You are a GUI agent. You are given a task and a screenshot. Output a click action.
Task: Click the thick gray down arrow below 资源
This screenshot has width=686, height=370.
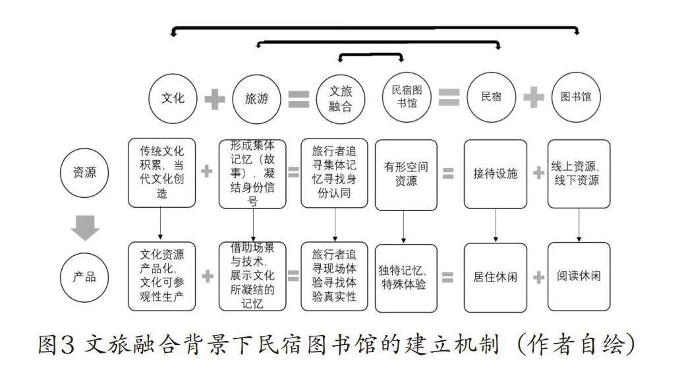[85, 228]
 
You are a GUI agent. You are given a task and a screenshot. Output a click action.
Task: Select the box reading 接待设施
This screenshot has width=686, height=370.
[496, 174]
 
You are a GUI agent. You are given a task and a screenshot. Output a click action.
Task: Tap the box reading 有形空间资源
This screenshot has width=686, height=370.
[406, 175]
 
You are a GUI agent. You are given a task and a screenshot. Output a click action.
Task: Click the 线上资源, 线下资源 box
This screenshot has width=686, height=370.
[579, 173]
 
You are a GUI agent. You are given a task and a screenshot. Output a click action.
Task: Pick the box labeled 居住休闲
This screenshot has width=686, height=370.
[496, 278]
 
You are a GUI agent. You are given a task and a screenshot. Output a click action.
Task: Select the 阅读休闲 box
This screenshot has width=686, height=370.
[579, 277]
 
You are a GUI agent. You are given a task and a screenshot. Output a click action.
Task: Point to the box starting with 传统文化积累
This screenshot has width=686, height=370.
[162, 173]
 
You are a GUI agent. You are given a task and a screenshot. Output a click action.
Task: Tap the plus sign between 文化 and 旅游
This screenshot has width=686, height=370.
[215, 99]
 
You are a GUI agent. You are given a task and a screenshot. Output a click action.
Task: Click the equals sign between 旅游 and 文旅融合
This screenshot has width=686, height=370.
[299, 100]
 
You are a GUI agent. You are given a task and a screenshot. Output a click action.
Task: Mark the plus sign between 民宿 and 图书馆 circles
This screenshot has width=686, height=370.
[534, 97]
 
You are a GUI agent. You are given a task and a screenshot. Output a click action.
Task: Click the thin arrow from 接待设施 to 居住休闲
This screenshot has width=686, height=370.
[496, 225]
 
